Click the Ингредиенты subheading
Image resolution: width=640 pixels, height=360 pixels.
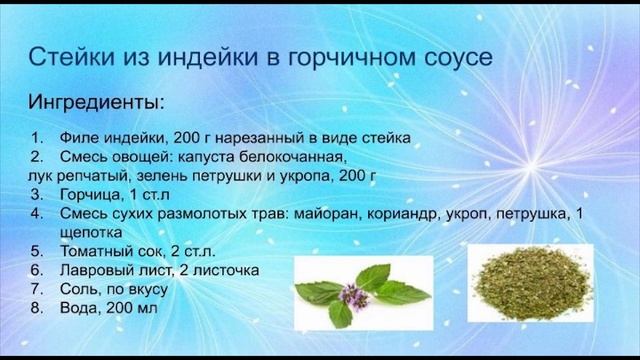tap(96, 103)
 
